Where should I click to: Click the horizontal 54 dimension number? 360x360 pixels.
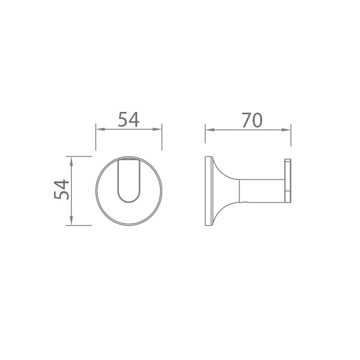click(129, 120)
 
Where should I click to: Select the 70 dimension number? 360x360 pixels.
click(252, 121)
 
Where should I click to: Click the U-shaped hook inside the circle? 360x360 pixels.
click(129, 180)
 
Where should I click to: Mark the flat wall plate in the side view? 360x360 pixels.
click(207, 191)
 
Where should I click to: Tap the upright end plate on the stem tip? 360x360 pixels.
click(288, 180)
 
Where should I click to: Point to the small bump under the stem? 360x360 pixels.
click(246, 203)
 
